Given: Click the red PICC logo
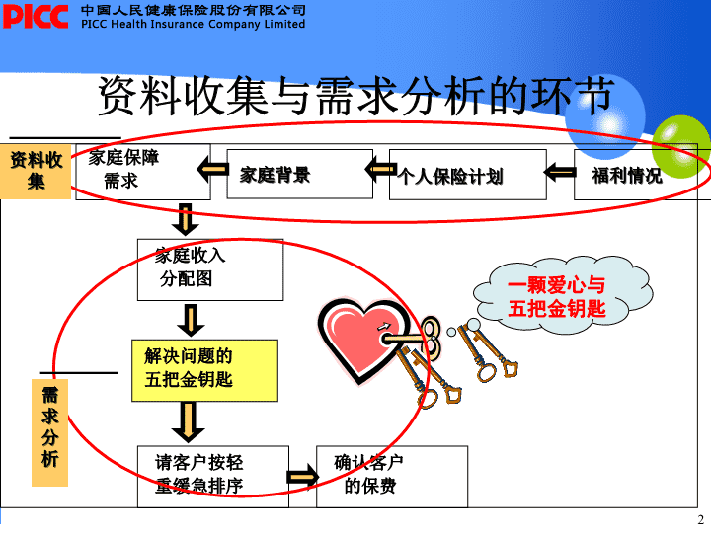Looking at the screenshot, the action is point(36,17).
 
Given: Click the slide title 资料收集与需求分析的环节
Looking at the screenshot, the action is point(355,96).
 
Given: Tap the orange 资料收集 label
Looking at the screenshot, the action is point(36,172).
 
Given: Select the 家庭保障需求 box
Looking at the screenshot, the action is point(143,172).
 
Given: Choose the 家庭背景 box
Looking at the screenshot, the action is point(300,174).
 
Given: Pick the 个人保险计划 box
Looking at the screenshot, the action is point(467,175).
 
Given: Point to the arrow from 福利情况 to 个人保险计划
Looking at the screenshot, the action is point(560,172).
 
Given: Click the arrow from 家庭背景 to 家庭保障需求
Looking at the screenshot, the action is point(212,170).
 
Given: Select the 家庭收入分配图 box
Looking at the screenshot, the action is point(210,269).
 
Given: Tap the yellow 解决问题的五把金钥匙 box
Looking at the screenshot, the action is point(204,370).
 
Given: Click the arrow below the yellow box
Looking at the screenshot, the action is point(189,422).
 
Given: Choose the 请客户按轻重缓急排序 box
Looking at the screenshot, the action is point(213,477).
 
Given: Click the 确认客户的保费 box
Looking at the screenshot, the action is point(392,477).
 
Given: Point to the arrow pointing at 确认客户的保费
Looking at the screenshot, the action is point(303,477).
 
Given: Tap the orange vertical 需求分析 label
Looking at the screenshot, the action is point(50,432).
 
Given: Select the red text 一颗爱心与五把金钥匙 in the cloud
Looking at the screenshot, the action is point(556,297).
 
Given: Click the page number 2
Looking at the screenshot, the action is point(700,520).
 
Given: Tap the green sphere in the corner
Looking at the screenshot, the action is point(683,146).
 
